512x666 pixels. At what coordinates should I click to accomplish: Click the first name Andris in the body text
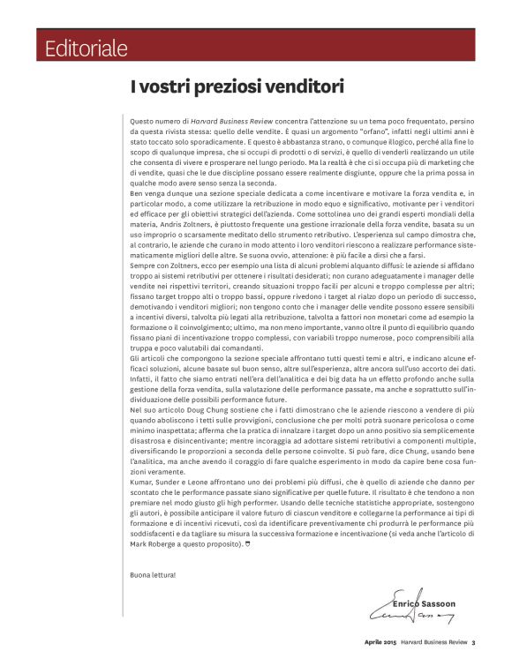click(x=168, y=225)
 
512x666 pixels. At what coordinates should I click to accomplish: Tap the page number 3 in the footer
click(x=473, y=642)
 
